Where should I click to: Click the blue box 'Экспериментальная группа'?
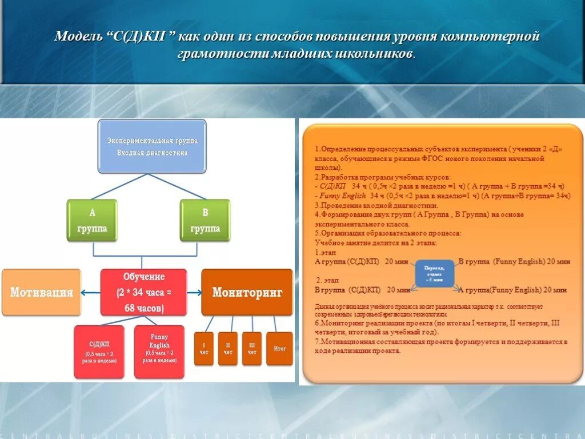click(x=152, y=146)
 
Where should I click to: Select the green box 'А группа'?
click(x=92, y=220)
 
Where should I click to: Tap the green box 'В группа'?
click(x=205, y=220)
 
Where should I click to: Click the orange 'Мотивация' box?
click(x=41, y=293)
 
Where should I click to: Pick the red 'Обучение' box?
click(x=143, y=292)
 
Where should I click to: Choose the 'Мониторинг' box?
click(x=247, y=293)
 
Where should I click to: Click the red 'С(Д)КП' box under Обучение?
click(x=99, y=352)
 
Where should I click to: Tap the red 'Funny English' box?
click(x=159, y=352)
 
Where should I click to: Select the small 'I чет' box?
click(x=204, y=348)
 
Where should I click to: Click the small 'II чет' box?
click(x=228, y=348)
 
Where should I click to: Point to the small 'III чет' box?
click(x=252, y=348)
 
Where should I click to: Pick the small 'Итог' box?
click(x=279, y=348)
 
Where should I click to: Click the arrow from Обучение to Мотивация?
click(x=91, y=293)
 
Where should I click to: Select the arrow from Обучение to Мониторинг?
click(x=194, y=293)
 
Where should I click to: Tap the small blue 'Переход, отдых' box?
click(x=434, y=274)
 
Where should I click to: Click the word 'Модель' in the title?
click(x=77, y=37)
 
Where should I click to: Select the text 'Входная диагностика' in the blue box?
click(x=152, y=153)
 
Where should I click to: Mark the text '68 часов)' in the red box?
click(x=143, y=309)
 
